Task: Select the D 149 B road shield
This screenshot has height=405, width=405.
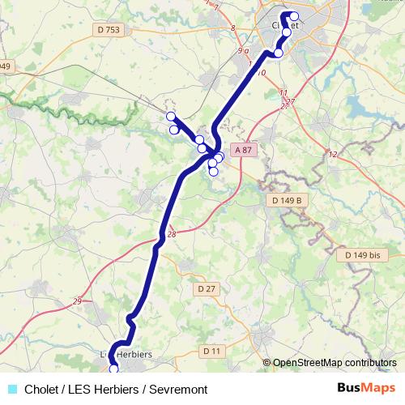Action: [284, 199]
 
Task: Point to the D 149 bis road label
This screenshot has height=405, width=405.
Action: [362, 255]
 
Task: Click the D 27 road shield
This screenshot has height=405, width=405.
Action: [207, 288]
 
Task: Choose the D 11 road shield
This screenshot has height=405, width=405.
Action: [211, 351]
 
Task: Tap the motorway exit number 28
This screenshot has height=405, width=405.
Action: [170, 235]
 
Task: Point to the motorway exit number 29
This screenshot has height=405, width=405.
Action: [77, 302]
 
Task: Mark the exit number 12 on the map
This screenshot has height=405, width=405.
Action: [332, 154]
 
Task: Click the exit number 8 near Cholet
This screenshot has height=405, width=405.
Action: [232, 29]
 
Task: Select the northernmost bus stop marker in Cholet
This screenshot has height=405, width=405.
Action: [293, 16]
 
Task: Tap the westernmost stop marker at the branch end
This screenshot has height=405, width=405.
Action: [170, 116]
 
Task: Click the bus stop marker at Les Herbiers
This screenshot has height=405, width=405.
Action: [114, 369]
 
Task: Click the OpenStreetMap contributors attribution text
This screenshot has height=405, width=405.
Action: [335, 363]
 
